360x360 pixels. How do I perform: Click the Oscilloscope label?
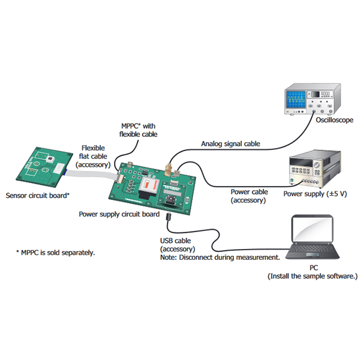(334, 120)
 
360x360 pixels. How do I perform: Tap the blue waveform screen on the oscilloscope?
(296, 100)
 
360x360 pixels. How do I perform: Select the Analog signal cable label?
(230, 144)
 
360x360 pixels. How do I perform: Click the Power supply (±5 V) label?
(315, 194)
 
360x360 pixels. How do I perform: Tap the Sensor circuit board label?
(37, 196)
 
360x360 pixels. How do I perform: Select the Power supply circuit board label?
(119, 214)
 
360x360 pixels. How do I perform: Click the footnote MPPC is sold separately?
(55, 253)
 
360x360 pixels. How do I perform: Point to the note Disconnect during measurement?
(220, 257)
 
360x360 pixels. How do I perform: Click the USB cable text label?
(175, 241)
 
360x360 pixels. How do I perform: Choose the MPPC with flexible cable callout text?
(138, 130)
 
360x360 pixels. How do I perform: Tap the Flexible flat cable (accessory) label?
(93, 157)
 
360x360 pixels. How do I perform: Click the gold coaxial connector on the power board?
(169, 170)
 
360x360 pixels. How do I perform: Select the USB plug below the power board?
(169, 216)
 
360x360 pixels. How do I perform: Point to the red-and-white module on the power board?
(149, 185)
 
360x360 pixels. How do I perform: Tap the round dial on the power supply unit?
(317, 165)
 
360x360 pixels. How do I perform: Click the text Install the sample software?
(313, 276)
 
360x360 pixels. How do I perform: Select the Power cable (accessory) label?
(249, 196)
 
